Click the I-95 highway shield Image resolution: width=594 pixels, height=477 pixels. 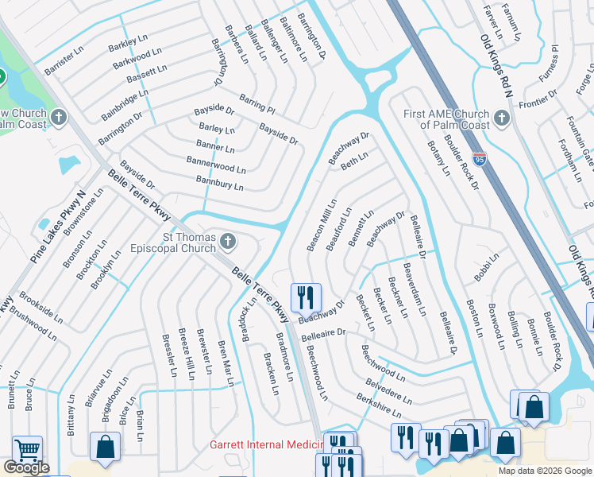(479, 161)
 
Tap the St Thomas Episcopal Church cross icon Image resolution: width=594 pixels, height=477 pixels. (228, 240)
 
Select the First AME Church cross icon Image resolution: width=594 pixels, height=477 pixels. (500, 118)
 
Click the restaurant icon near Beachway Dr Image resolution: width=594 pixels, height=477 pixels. (306, 298)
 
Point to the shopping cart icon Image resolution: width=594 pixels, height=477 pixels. (27, 451)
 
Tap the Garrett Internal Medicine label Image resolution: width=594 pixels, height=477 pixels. (265, 445)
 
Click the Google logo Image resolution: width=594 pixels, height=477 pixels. (25, 467)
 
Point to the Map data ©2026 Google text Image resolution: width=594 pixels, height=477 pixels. (544, 471)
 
